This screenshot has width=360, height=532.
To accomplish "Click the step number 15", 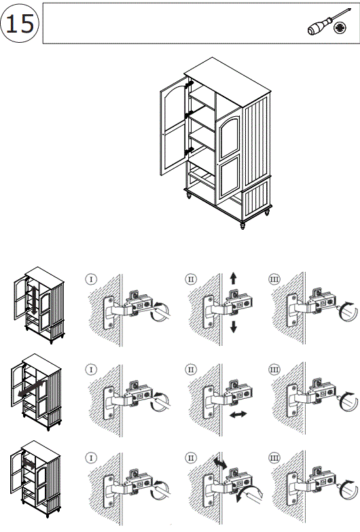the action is coord(20,24).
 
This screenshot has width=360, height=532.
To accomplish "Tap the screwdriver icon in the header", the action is coord(329,21).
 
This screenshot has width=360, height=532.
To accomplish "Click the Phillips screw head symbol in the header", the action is coord(340,28).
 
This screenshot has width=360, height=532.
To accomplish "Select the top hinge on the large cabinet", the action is coord(189,84).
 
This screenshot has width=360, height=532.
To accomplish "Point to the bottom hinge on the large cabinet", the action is coord(189,151).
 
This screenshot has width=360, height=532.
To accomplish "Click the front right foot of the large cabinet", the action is coord(242,226).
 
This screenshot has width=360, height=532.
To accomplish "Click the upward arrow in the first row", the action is coord(233,279).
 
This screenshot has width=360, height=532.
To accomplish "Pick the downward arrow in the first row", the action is coord(233,327).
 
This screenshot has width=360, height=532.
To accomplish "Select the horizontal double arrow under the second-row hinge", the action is coord(238,414).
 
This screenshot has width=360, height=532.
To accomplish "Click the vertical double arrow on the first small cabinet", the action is coord(34,300).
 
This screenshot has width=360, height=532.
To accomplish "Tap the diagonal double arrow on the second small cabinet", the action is coord(31,389).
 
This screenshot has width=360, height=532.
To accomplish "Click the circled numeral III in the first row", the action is coord(274,279).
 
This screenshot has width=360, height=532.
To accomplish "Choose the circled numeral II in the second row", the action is coord(191,369).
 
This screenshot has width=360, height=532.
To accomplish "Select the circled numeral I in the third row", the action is coord(91,458).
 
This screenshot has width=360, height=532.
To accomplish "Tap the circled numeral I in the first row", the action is coord(91,279).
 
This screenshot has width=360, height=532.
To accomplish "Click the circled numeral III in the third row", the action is coord(274,458).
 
